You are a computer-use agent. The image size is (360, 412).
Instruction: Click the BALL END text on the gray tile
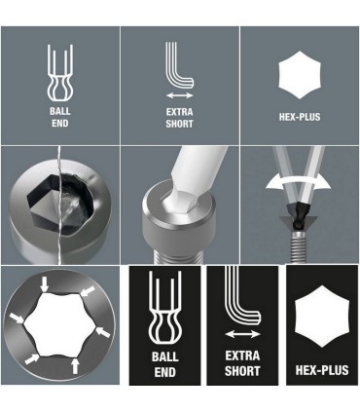(59, 119)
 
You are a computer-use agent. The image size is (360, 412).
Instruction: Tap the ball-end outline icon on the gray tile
(59, 74)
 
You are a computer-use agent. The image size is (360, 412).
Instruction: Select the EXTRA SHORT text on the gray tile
(179, 119)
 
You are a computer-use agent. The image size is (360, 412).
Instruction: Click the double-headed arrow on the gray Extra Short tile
(179, 96)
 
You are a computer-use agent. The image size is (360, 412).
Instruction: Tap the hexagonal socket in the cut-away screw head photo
(49, 199)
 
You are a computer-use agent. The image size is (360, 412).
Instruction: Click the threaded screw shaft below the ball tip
(299, 243)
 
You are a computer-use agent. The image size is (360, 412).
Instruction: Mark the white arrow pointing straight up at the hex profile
(76, 367)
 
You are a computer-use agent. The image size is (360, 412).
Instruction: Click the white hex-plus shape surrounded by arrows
(61, 326)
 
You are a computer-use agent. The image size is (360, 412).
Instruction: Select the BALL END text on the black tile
(164, 364)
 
